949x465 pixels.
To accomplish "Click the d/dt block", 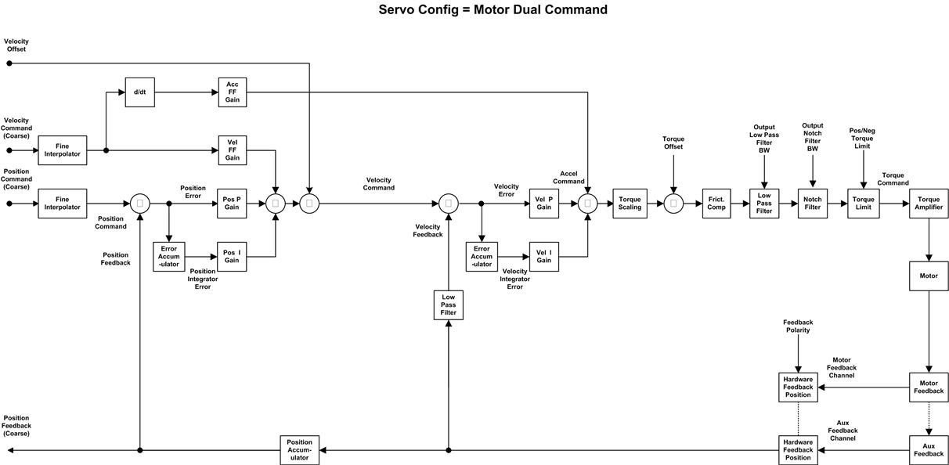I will [x=139, y=92].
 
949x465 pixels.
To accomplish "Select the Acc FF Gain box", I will [x=233, y=92].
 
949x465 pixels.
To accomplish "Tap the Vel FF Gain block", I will [x=233, y=150].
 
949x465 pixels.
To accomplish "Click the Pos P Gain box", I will [x=232, y=204].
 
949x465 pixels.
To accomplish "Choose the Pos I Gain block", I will [x=232, y=256].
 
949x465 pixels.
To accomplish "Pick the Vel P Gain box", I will [x=544, y=204].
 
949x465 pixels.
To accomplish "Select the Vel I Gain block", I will [x=544, y=256].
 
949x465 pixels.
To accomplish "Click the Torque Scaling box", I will [x=630, y=204].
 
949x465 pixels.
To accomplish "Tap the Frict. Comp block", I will [x=716, y=204].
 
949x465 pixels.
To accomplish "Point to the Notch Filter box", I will [x=813, y=204].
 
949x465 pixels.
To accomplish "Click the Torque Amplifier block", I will [x=929, y=204].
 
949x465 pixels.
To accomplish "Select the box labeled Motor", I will [x=929, y=276].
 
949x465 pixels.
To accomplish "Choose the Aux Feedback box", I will [x=929, y=450].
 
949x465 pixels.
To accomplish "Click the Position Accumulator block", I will [x=300, y=450].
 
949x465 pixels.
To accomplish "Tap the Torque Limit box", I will [x=863, y=204].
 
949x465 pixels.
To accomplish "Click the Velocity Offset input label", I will [x=15, y=45].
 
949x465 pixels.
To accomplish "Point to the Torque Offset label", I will [x=673, y=143].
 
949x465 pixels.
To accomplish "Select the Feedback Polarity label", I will [x=798, y=326].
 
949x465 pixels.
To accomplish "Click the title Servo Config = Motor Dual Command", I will [x=493, y=10].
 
